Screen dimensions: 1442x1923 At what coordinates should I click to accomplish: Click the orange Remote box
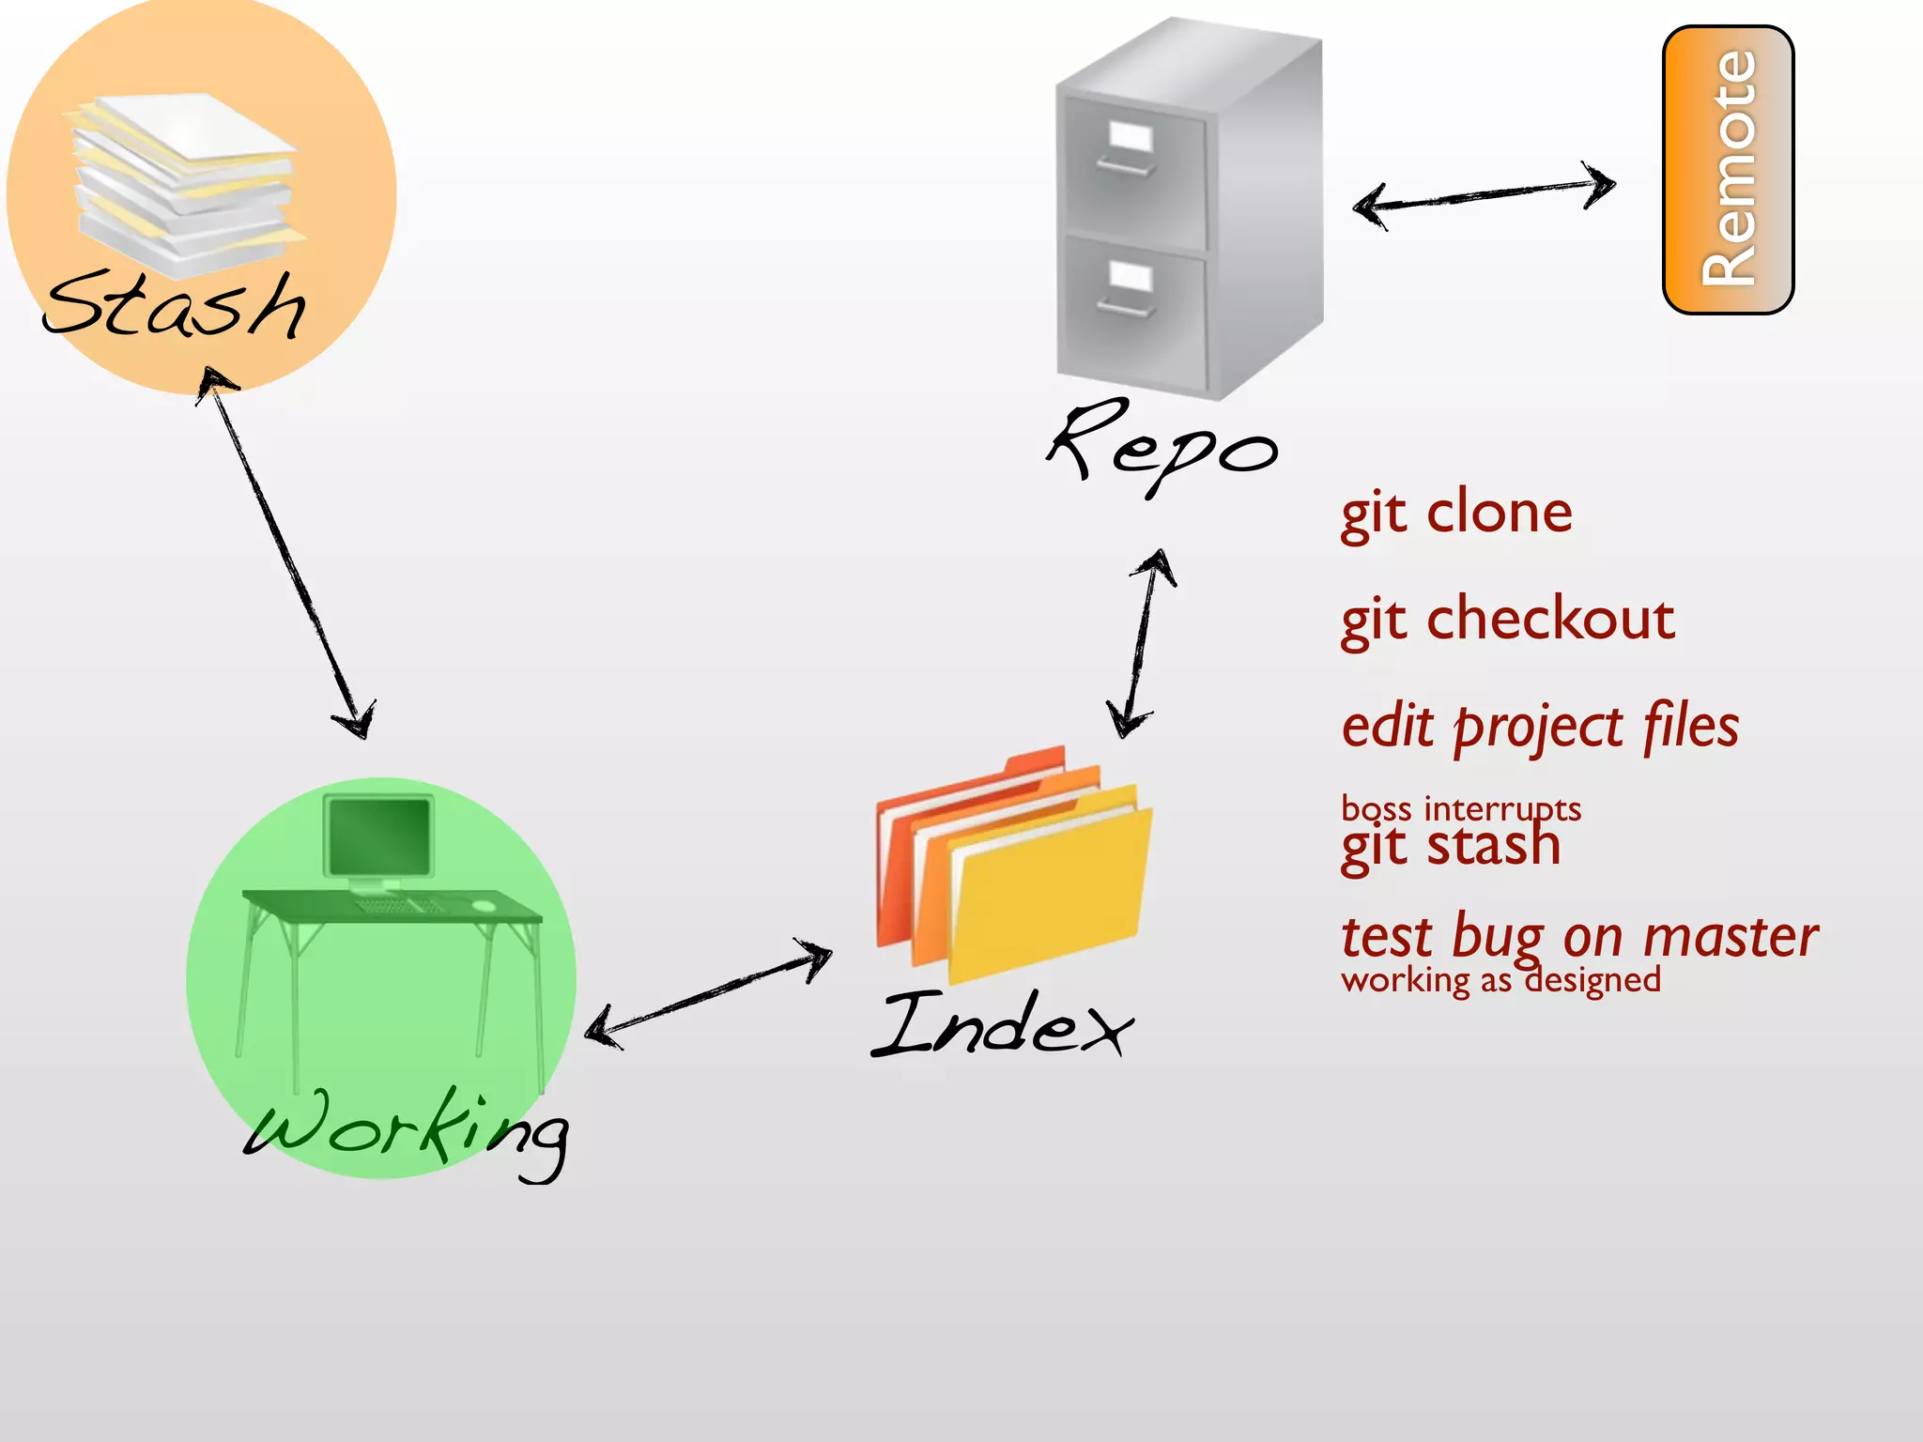(1728, 169)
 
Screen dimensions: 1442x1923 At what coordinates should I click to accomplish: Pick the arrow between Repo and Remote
(1484, 194)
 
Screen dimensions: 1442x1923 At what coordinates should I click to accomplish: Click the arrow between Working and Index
(709, 993)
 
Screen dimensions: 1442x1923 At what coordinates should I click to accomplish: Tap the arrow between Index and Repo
(1141, 644)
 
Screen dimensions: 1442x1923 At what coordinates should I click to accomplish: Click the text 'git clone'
(1456, 514)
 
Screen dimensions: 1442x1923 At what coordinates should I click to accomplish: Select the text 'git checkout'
(1507, 620)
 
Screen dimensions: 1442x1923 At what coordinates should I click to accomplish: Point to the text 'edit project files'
(1540, 728)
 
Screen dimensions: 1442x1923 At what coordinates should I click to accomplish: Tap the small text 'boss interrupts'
(1461, 807)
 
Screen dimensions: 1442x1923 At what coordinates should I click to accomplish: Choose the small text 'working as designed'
(1500, 980)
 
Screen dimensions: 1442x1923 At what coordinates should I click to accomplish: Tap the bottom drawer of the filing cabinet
(1132, 310)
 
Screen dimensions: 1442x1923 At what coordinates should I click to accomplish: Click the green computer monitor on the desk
(379, 836)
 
